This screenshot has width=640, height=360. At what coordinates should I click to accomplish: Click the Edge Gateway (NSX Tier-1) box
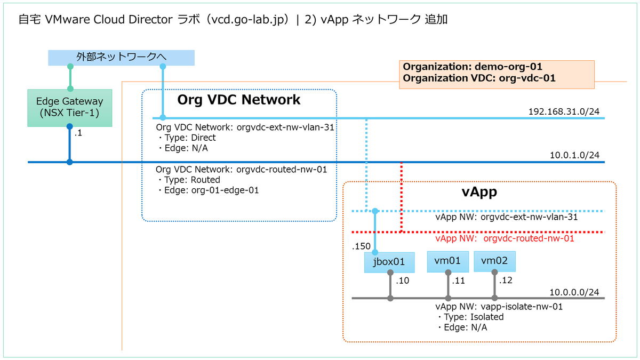pyautogui.click(x=69, y=107)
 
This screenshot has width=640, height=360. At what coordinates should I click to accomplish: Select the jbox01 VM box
pyautogui.click(x=389, y=262)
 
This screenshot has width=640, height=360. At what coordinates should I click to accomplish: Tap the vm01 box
pyautogui.click(x=447, y=261)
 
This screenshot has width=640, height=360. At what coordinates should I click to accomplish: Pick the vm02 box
pyautogui.click(x=494, y=261)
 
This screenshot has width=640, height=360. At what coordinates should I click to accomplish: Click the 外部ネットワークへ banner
pyautogui.click(x=121, y=57)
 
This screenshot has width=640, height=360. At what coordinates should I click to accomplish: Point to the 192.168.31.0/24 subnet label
pyautogui.click(x=564, y=112)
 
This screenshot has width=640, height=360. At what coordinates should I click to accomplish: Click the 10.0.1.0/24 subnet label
pyautogui.click(x=574, y=155)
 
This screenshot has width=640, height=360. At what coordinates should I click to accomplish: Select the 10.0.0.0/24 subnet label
pyautogui.click(x=574, y=292)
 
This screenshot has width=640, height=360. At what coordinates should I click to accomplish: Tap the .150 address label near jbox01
pyautogui.click(x=361, y=247)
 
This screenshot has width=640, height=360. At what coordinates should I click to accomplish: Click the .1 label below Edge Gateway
pyautogui.click(x=78, y=133)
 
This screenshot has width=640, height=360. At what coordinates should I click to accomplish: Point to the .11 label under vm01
pyautogui.click(x=458, y=281)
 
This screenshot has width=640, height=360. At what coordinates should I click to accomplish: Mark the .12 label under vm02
pyautogui.click(x=505, y=281)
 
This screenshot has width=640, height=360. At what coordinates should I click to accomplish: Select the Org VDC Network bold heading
pyautogui.click(x=238, y=100)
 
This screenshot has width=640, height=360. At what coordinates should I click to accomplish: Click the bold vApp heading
pyautogui.click(x=479, y=192)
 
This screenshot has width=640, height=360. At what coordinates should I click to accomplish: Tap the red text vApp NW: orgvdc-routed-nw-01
pyautogui.click(x=505, y=239)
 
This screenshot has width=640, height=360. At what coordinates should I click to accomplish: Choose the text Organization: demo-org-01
pyautogui.click(x=473, y=67)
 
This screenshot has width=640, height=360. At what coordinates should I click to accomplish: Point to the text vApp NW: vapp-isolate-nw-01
pyautogui.click(x=499, y=307)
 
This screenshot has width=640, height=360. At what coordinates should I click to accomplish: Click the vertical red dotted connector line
pyautogui.click(x=401, y=197)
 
